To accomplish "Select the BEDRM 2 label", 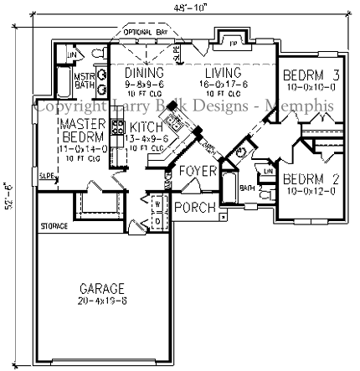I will (x=310, y=178).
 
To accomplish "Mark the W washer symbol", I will (x=157, y=201).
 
